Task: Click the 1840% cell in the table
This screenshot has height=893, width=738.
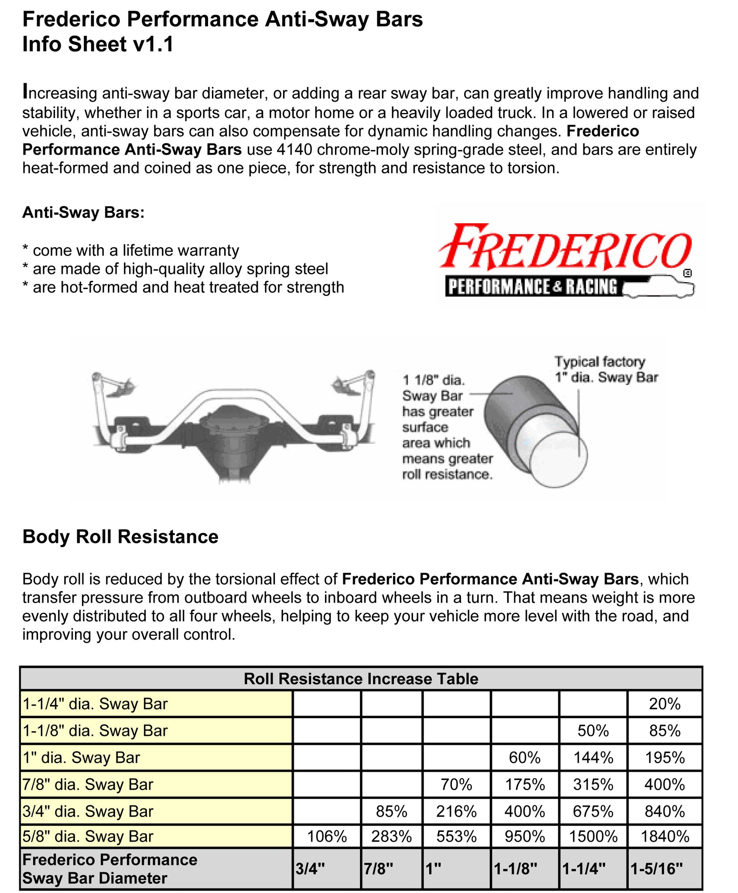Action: [664, 836]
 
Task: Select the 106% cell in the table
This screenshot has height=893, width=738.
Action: [327, 836]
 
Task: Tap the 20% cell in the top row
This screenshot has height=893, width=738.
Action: [664, 704]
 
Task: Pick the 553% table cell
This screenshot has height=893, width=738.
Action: [456, 836]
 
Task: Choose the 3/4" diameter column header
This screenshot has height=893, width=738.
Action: [311, 869]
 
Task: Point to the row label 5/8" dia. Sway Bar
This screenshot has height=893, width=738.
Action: [88, 836]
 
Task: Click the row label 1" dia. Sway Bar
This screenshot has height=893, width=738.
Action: [82, 757]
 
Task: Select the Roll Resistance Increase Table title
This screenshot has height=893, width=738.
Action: [361, 678]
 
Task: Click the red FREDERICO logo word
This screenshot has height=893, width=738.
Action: [565, 247]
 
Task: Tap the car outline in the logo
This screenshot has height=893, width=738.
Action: [659, 287]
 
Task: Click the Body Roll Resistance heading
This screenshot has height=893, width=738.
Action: [120, 536]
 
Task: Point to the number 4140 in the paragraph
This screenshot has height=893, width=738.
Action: [294, 150]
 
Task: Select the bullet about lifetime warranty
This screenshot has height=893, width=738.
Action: [131, 250]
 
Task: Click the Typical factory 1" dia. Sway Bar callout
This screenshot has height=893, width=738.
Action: [605, 369]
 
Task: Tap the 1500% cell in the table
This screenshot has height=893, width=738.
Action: [593, 836]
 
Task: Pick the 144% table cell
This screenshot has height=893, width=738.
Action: [593, 757]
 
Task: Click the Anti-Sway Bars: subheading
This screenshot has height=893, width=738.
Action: [83, 212]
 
